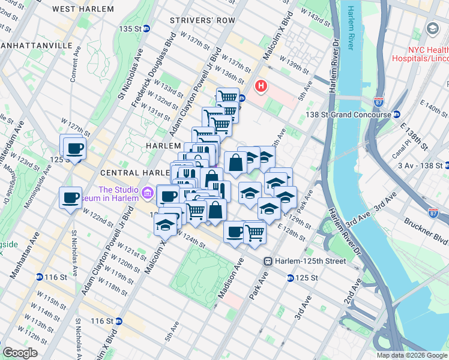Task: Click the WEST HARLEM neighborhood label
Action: click(83, 9)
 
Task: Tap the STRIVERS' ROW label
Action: click(194, 20)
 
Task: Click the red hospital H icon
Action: click(261, 86)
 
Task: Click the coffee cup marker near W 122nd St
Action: click(70, 197)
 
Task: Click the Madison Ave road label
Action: click(229, 280)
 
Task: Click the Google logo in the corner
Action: click(20, 352)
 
